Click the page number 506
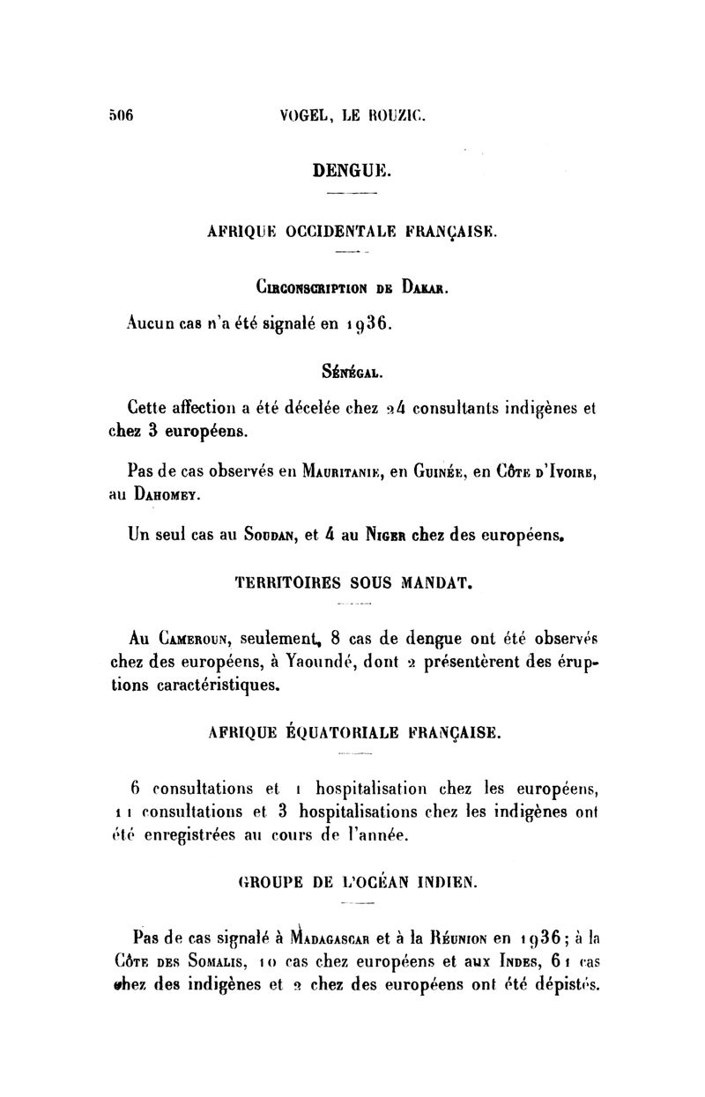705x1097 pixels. [x=120, y=115]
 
